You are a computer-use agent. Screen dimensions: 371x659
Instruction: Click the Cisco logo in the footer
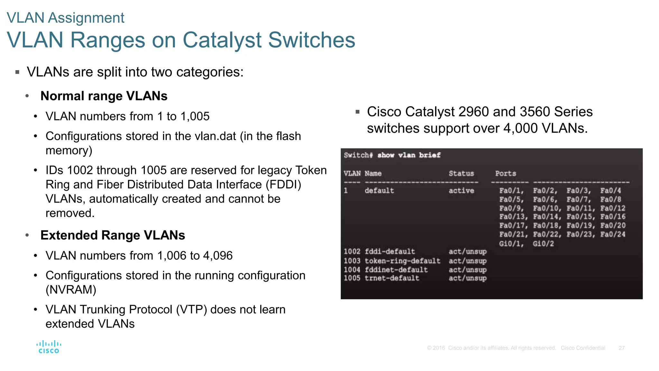pyautogui.click(x=49, y=347)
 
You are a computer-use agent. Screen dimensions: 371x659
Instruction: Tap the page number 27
pyautogui.click(x=621, y=348)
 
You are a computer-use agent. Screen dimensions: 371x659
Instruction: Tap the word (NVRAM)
pyautogui.click(x=71, y=290)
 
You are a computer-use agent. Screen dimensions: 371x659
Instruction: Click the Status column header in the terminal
pyautogui.click(x=461, y=174)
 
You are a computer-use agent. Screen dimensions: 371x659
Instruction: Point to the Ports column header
pyautogui.click(x=505, y=174)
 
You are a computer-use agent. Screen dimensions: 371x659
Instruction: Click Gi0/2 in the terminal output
pyautogui.click(x=543, y=244)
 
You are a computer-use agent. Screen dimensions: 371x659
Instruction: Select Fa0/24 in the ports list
pyautogui.click(x=613, y=234)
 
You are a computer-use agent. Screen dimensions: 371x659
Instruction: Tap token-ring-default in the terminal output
pyautogui.click(x=402, y=261)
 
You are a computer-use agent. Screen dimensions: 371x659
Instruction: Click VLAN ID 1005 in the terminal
pyautogui.click(x=352, y=278)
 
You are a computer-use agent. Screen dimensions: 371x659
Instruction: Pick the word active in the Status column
pyautogui.click(x=461, y=191)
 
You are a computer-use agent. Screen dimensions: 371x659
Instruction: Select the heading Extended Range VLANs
pyautogui.click(x=113, y=235)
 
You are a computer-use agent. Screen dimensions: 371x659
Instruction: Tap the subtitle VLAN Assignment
pyautogui.click(x=65, y=18)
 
